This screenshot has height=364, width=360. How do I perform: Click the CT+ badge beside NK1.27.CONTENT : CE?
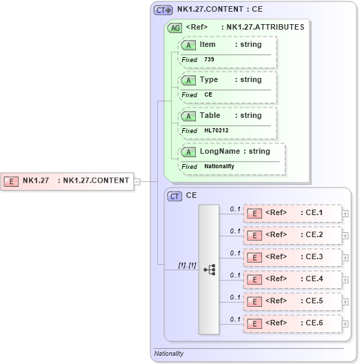click(x=163, y=10)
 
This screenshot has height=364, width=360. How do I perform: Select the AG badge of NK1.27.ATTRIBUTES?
click(x=175, y=28)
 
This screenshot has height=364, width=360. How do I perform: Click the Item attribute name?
click(x=208, y=44)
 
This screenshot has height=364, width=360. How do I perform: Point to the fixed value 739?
click(x=209, y=59)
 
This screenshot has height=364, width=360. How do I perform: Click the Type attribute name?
click(x=209, y=80)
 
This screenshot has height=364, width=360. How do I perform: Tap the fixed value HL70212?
click(x=216, y=130)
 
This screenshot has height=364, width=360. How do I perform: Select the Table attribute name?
click(x=210, y=116)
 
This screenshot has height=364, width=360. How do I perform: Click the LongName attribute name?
click(x=221, y=151)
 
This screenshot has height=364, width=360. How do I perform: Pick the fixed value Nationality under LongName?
click(x=219, y=166)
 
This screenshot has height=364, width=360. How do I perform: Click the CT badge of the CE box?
click(x=175, y=196)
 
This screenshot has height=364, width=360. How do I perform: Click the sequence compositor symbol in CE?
click(x=210, y=270)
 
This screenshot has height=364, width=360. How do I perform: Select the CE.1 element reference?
click(x=294, y=213)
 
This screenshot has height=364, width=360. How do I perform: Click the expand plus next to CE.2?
click(x=345, y=236)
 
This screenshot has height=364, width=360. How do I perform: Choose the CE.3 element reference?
click(x=294, y=257)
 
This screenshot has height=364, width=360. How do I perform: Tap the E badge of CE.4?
click(x=254, y=280)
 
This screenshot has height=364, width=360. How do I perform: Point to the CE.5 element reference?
click(x=294, y=301)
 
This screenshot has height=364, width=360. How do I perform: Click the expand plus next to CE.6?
click(x=345, y=324)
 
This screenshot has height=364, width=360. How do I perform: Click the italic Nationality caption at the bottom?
click(x=169, y=354)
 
